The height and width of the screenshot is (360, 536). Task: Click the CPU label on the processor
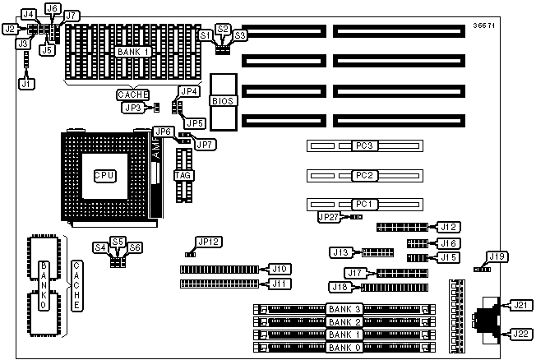point(103,175)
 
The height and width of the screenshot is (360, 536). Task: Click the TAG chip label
point(184,175)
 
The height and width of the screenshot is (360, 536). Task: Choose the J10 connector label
point(280,268)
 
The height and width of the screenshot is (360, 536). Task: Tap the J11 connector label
point(280,284)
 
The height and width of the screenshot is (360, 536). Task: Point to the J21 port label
point(520,305)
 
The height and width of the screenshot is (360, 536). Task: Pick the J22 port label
point(520,333)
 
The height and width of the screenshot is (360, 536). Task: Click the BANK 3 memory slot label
point(344,308)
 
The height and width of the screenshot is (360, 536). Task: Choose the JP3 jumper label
point(132,107)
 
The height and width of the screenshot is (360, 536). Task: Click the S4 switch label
point(100,247)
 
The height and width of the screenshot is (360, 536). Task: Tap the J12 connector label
point(449,226)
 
